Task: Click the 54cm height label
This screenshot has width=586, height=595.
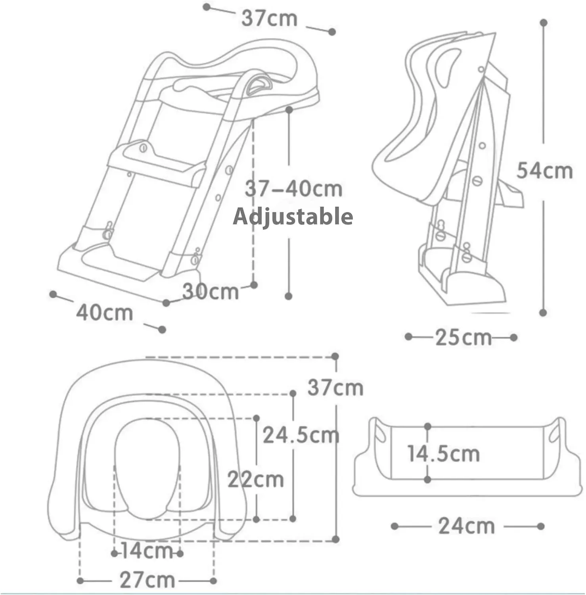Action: [x=545, y=171]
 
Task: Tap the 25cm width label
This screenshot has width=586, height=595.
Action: [x=463, y=338]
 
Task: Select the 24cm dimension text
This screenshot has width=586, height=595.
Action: [x=467, y=526]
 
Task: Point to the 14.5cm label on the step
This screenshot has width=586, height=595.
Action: [x=444, y=453]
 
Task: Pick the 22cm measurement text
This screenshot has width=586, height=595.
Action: [x=256, y=480]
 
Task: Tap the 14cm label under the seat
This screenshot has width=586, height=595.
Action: [x=146, y=551]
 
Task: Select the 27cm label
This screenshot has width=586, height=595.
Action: [x=147, y=580]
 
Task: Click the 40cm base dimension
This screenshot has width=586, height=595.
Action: [x=105, y=313]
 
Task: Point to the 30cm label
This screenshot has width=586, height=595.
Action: [x=211, y=292]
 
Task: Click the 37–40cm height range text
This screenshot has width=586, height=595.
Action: [x=293, y=189]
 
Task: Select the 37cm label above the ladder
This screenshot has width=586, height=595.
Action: [x=270, y=18]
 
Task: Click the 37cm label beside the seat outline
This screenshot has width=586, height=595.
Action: [x=335, y=388]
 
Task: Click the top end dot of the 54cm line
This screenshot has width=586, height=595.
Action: [x=544, y=23]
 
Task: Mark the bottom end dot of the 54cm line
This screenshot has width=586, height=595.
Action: [x=543, y=313]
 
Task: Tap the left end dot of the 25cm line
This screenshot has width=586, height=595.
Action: [x=409, y=337]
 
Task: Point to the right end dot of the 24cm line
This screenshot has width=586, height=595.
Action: [x=540, y=526]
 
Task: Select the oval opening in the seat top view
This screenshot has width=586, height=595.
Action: [x=147, y=468]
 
